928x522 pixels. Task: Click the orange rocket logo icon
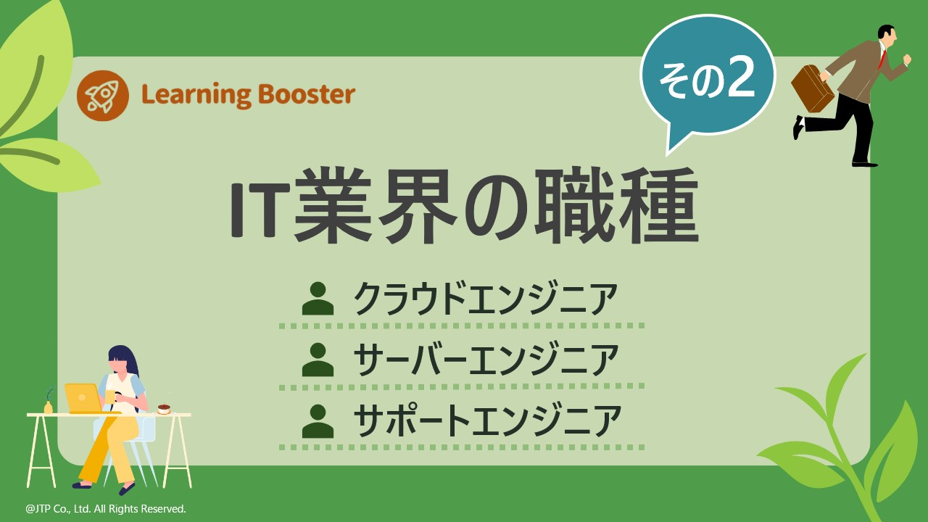pos(102,95)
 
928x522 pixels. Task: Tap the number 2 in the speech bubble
pos(742,80)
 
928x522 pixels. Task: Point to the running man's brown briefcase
pos(812,89)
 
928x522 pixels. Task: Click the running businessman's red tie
pos(882,58)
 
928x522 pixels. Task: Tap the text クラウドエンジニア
pos(485,299)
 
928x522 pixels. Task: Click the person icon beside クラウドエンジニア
pos(318,299)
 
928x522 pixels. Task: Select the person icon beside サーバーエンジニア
pos(318,360)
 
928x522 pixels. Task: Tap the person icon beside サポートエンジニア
pos(318,421)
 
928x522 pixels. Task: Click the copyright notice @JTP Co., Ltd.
pos(106,509)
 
